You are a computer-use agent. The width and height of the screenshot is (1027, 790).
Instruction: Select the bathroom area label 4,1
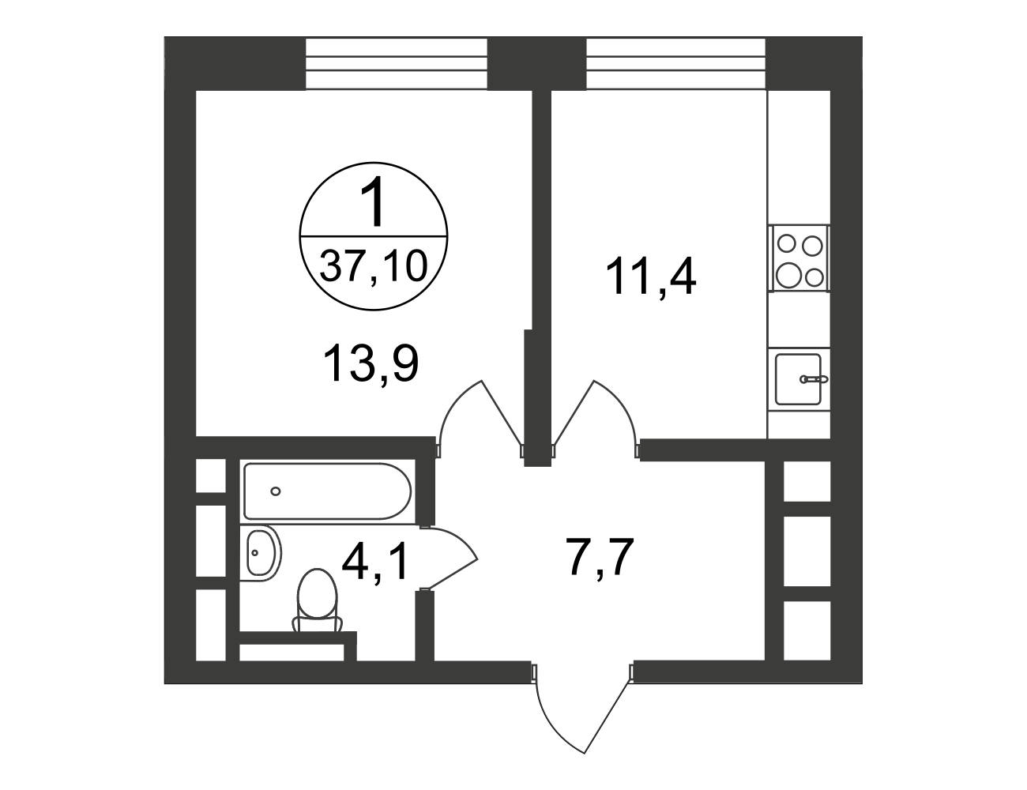pyautogui.click(x=375, y=560)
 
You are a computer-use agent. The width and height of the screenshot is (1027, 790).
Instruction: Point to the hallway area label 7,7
pyautogui.click(x=600, y=557)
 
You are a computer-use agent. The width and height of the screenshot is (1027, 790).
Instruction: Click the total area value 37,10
pyautogui.click(x=374, y=265)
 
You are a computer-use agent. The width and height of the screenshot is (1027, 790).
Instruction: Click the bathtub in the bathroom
pyautogui.click(x=328, y=491)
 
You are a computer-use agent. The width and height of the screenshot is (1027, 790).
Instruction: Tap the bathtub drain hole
pyautogui.click(x=276, y=491)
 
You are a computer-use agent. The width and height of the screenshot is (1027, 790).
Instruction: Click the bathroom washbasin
pyautogui.click(x=261, y=553)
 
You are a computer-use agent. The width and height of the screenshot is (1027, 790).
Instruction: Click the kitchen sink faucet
pyautogui.click(x=813, y=378)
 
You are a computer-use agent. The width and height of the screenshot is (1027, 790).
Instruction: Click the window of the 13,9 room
pyautogui.click(x=396, y=64)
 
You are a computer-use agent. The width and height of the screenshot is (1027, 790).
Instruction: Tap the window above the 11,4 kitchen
pyautogui.click(x=675, y=64)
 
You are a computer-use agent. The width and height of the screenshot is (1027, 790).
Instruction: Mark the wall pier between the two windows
pyautogui.click(x=536, y=64)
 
